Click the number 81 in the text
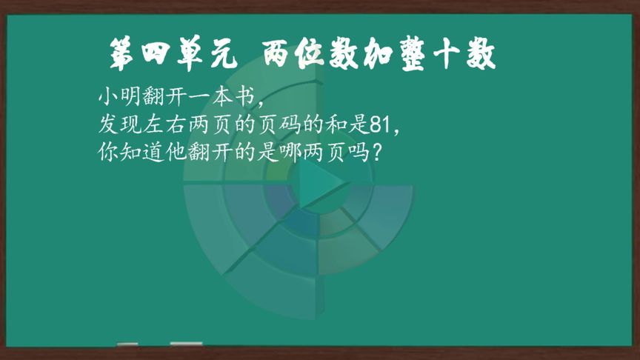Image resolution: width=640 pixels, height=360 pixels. [381, 125]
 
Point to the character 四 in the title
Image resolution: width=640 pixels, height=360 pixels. [156, 53]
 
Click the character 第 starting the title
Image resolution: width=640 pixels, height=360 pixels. [121, 54]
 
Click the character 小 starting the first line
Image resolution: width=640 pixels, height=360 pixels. [108, 97]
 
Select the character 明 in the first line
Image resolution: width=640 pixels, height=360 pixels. [130, 97]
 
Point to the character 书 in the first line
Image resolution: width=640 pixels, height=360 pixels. [245, 97]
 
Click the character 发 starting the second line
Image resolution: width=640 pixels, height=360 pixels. [108, 125]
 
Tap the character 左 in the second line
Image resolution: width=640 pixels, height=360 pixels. [154, 125]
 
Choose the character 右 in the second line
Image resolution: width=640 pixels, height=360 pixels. [177, 125]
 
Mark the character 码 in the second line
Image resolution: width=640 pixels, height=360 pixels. [290, 125]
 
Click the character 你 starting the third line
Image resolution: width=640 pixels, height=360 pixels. [108, 153]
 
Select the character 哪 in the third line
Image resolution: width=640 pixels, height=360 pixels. [290, 153]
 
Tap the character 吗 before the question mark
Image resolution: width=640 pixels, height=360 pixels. [359, 153]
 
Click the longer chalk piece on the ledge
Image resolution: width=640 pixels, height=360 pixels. [186, 344]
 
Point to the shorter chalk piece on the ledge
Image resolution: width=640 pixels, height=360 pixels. [127, 344]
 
